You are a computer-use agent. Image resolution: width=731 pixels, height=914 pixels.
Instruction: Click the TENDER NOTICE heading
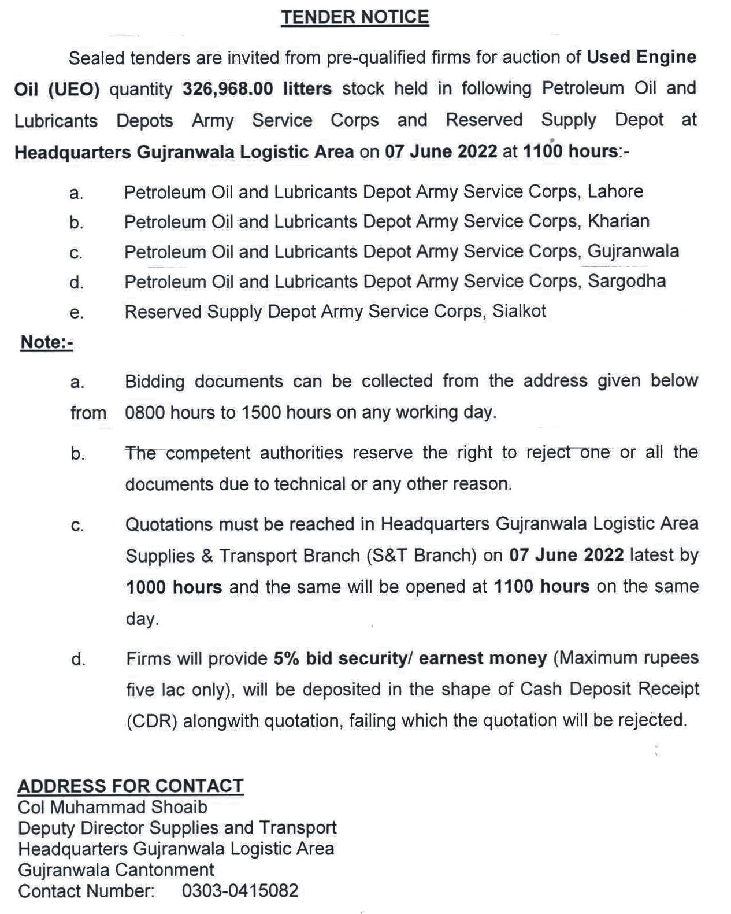click(x=355, y=17)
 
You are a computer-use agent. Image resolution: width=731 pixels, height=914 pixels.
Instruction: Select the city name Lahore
click(x=615, y=191)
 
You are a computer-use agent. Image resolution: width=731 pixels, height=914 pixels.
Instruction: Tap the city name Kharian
click(x=618, y=221)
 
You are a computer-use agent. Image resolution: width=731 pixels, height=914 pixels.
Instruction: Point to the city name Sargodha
click(x=626, y=282)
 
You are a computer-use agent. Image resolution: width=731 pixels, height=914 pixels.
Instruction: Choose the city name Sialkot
click(x=519, y=312)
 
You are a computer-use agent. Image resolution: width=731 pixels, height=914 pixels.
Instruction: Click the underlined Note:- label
click(x=47, y=342)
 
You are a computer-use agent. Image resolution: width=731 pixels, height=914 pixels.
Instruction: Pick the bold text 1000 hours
click(x=174, y=587)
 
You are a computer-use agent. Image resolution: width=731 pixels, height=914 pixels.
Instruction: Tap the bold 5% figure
click(x=287, y=658)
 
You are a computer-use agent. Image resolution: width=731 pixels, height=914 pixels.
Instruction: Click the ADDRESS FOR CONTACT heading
click(x=131, y=786)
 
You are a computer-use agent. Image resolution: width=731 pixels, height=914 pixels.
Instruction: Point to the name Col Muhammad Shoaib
click(x=113, y=807)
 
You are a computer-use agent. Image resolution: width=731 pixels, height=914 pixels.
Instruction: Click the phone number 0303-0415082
click(x=240, y=891)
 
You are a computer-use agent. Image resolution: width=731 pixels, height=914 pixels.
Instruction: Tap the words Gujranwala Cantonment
click(x=116, y=870)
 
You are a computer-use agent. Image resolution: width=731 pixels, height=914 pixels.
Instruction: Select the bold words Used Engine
click(x=641, y=57)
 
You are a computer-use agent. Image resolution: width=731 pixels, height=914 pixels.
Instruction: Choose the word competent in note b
click(x=207, y=453)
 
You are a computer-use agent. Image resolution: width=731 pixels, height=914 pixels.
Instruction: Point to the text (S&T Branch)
click(x=421, y=556)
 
